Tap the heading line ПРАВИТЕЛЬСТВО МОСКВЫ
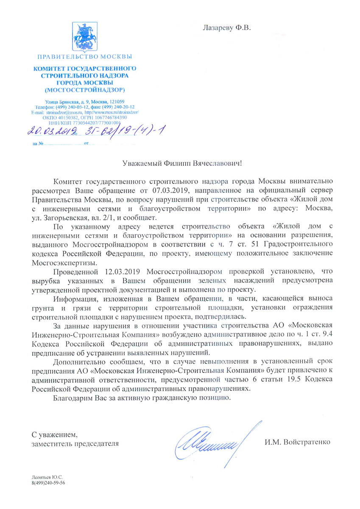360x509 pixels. (84, 56)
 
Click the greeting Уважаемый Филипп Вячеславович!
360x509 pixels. (181, 162)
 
